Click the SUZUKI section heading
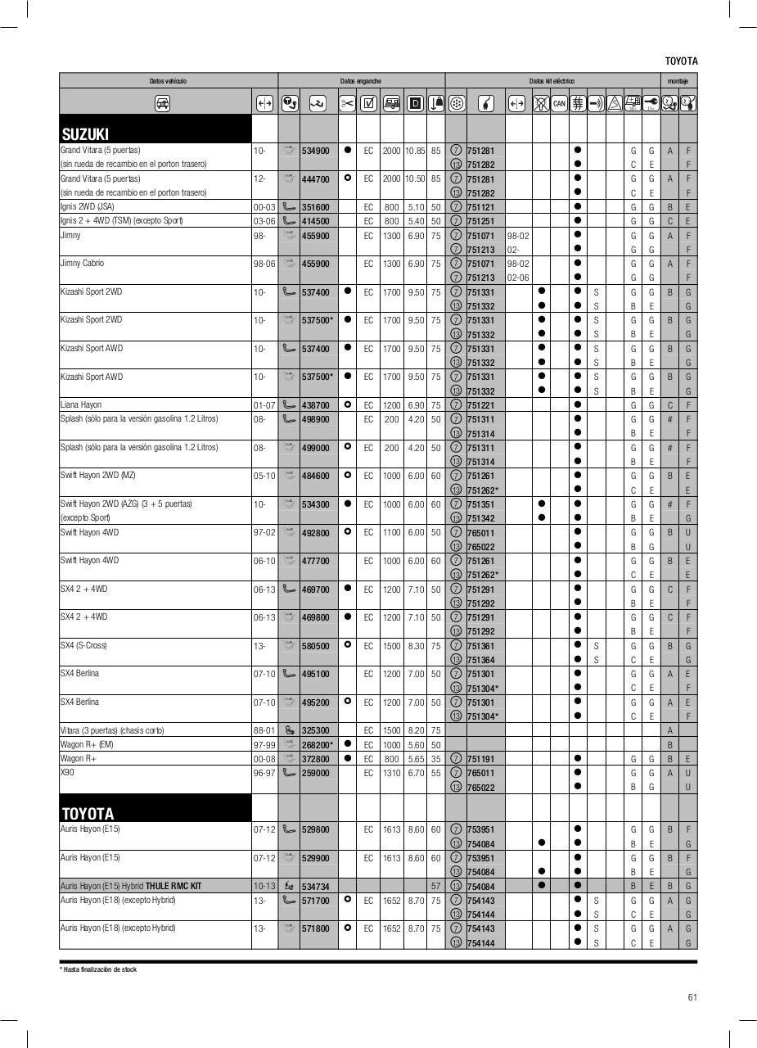(85, 133)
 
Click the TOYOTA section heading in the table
(88, 813)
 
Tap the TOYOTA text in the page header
(681, 61)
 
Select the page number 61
(692, 997)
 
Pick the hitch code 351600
(315, 207)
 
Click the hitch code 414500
(315, 221)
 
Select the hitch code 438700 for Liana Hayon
(315, 405)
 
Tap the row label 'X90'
(67, 773)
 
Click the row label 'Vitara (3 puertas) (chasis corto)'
(111, 730)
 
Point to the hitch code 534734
(315, 886)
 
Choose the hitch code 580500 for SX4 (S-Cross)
(315, 646)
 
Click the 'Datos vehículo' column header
(168, 81)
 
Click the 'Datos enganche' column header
(361, 81)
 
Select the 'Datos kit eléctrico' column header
(552, 81)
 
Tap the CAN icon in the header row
(559, 103)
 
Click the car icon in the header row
(162, 103)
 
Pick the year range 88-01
(263, 730)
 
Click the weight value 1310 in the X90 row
(391, 773)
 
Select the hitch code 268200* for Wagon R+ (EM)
(317, 745)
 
